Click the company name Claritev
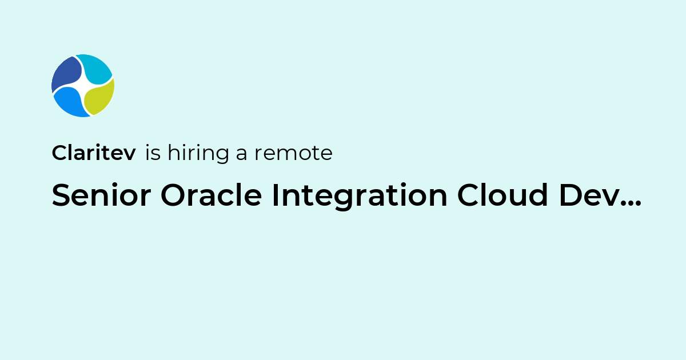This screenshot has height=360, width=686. coord(94,153)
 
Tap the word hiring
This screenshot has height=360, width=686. coord(198,153)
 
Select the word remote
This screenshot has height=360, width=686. coord(293,153)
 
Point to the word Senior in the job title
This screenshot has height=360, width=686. coord(101,195)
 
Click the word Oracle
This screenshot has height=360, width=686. coord(212,194)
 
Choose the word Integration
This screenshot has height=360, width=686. coord(360,196)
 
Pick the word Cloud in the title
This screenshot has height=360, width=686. coord(502,194)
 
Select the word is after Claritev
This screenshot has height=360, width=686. coord(153,153)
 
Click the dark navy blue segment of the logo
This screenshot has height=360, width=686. coord(66,74)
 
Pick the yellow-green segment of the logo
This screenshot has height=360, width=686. coord(99,97)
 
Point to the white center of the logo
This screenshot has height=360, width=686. coord(83,86)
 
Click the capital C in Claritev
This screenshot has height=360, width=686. coord(59,153)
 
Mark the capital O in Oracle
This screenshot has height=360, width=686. coord(173,195)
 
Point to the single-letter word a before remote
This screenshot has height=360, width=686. coord(241,153)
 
